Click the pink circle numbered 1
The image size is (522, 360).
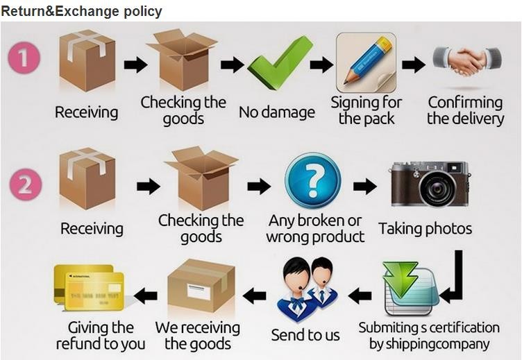tap(24, 58)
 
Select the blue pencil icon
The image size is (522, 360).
tap(366, 62)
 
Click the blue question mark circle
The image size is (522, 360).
tap(313, 180)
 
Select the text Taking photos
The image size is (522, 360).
tap(425, 228)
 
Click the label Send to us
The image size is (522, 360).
tap(305, 336)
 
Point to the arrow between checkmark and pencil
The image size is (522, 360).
tap(321, 65)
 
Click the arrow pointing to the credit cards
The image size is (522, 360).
tap(145, 295)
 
